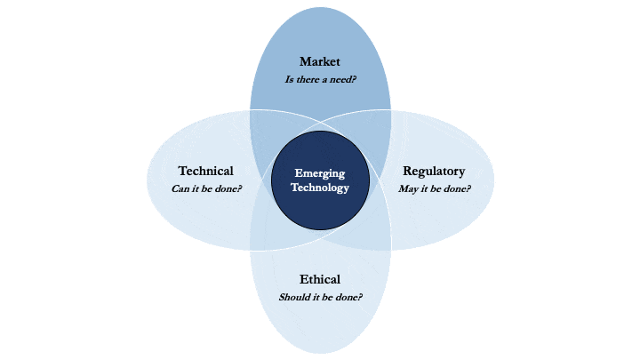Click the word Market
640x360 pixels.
(x=320, y=61)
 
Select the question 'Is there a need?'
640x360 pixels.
(x=320, y=79)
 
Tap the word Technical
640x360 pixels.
(x=205, y=171)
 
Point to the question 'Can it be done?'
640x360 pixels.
(x=206, y=188)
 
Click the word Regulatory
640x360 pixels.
(x=434, y=172)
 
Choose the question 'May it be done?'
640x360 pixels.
(x=435, y=189)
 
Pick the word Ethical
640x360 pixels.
(x=320, y=279)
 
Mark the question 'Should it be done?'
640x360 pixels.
(x=320, y=297)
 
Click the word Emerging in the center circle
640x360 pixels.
(x=320, y=174)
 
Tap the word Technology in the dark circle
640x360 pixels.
(x=320, y=188)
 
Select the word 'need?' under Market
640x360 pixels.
(x=343, y=79)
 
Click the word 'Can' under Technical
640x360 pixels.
(x=180, y=188)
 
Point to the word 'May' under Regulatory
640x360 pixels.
(x=408, y=189)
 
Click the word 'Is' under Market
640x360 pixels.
(x=289, y=79)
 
